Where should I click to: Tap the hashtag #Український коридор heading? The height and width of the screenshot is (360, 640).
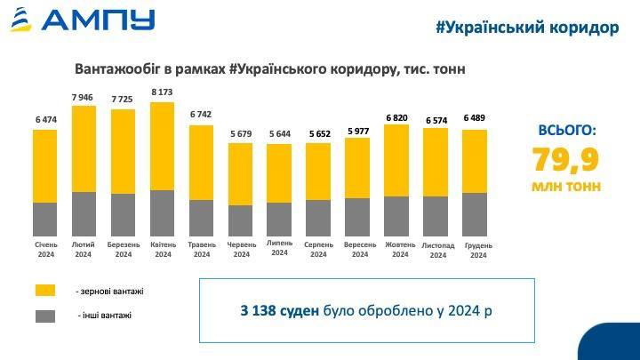tap(528, 28)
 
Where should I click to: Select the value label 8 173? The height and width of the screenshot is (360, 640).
tap(163, 92)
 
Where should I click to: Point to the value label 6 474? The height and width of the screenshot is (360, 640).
tap(45, 120)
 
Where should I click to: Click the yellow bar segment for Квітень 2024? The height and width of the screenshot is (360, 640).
tap(163, 146)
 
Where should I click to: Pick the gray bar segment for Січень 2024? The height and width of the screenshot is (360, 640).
tap(45, 218)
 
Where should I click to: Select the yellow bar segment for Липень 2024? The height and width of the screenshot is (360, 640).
tap(279, 173)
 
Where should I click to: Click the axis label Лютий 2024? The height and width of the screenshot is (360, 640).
tap(84, 250)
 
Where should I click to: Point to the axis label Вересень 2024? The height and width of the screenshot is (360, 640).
tap(359, 250)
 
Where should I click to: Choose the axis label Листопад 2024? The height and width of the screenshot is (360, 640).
tap(437, 250)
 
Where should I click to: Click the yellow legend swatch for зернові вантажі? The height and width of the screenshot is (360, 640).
tap(44, 291)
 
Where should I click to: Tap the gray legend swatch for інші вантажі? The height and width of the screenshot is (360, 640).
tap(44, 316)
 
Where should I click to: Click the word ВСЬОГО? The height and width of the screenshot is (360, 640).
tap(567, 130)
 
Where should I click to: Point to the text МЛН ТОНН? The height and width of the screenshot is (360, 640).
tap(567, 187)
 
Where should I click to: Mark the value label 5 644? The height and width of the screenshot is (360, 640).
tap(279, 134)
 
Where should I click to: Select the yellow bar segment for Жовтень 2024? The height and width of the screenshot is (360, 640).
tap(397, 160)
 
